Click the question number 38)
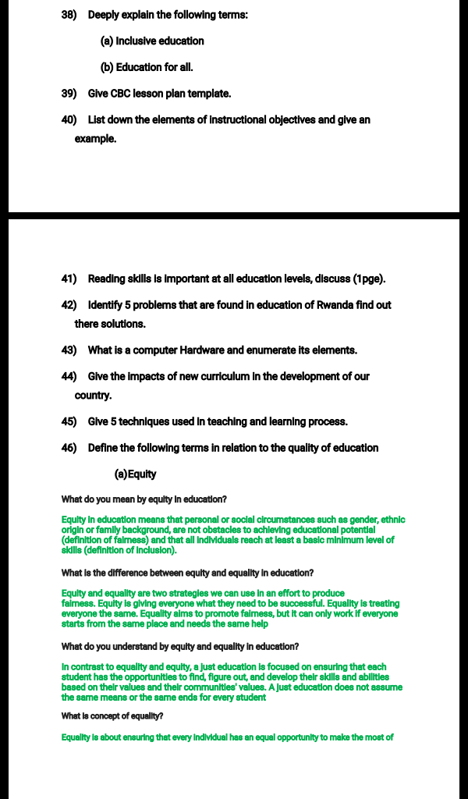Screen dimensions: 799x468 pos(69,15)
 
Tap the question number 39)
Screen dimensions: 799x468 pos(69,94)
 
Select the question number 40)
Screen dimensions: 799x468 pos(69,120)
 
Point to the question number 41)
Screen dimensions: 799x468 pos(69,279)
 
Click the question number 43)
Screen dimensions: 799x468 pos(69,350)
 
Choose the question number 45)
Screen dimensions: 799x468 pos(69,421)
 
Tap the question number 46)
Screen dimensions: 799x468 pos(69,448)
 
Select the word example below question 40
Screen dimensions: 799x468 pos(95,139)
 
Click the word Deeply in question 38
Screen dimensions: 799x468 pos(106,15)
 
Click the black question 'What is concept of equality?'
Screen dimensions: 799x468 pos(112,716)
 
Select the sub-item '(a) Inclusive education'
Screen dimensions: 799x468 pos(152,41)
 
